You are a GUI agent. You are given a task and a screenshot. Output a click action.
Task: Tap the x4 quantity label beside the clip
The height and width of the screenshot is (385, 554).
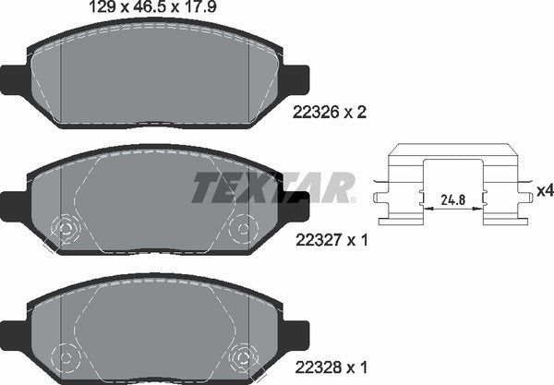click(544, 190)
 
